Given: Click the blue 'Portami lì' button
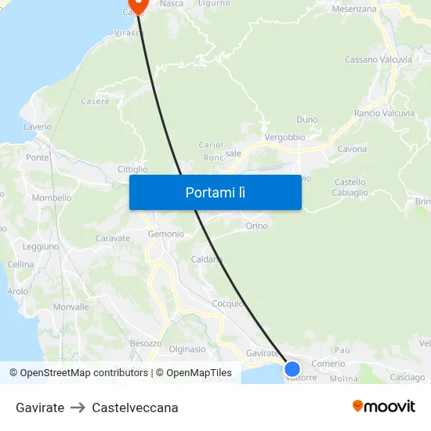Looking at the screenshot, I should (215, 192).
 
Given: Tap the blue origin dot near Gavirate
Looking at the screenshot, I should (292, 368).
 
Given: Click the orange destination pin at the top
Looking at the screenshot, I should (137, 5).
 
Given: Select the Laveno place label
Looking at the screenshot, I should (38, 126).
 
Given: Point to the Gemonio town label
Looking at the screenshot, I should (166, 234).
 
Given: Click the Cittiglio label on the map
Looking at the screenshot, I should (132, 169).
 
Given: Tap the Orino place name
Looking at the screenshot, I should (256, 226).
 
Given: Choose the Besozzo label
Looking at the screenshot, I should (146, 343).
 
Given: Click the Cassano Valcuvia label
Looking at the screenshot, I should (378, 60).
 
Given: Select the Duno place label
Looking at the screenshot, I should (307, 120).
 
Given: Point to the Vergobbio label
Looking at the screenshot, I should (284, 136).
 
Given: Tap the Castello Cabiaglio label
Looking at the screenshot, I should (350, 187).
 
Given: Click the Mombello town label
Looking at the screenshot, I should (52, 197).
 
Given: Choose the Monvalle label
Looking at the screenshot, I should (71, 307).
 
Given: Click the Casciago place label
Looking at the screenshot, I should (407, 378).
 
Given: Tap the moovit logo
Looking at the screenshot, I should (384, 407).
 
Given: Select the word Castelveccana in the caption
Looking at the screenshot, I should (135, 407).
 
